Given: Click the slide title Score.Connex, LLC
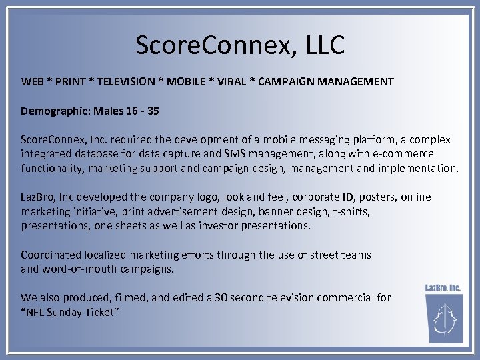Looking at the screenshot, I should coord(240,45).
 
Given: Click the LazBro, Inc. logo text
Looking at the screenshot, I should coord(443,288).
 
